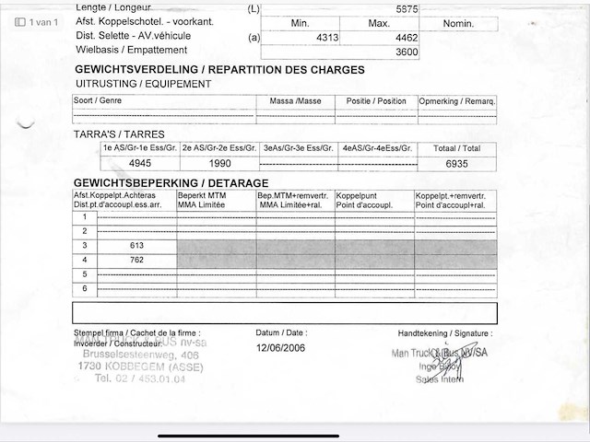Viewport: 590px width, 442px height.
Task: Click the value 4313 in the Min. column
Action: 328,38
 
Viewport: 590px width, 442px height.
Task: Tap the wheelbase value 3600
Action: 407,52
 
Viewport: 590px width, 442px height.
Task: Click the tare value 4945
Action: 141,163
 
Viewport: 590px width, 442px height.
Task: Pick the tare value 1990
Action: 219,163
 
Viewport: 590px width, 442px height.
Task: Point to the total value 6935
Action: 456,163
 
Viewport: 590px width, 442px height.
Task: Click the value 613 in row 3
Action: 137,246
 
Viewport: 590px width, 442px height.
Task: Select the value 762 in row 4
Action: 137,260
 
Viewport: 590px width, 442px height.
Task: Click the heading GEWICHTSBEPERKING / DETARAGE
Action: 171,183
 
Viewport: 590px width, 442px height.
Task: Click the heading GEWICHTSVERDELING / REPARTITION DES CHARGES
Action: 218,70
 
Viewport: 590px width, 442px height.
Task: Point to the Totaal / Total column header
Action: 457,148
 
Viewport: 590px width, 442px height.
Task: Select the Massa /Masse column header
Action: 296,101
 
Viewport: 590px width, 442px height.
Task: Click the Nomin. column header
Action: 457,22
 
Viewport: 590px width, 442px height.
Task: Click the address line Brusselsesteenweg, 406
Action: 140,355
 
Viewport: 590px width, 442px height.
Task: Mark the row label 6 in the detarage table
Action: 85,289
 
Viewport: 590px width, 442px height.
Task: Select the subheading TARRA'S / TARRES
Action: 119,134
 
